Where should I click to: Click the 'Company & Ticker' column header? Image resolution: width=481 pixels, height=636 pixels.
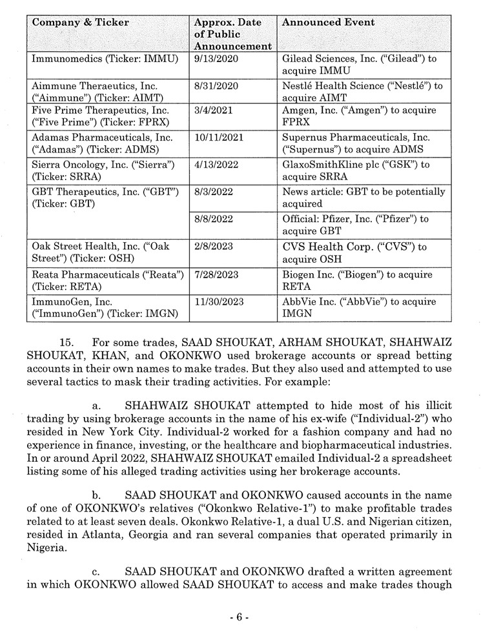[x=81, y=23]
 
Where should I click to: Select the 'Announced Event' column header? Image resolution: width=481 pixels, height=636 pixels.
[x=329, y=23]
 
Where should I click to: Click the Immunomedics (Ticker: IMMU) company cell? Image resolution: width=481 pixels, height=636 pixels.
[x=105, y=59]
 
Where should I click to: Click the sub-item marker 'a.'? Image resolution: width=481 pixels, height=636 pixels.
[x=97, y=406]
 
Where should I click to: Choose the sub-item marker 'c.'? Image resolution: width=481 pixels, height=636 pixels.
[x=97, y=571]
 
